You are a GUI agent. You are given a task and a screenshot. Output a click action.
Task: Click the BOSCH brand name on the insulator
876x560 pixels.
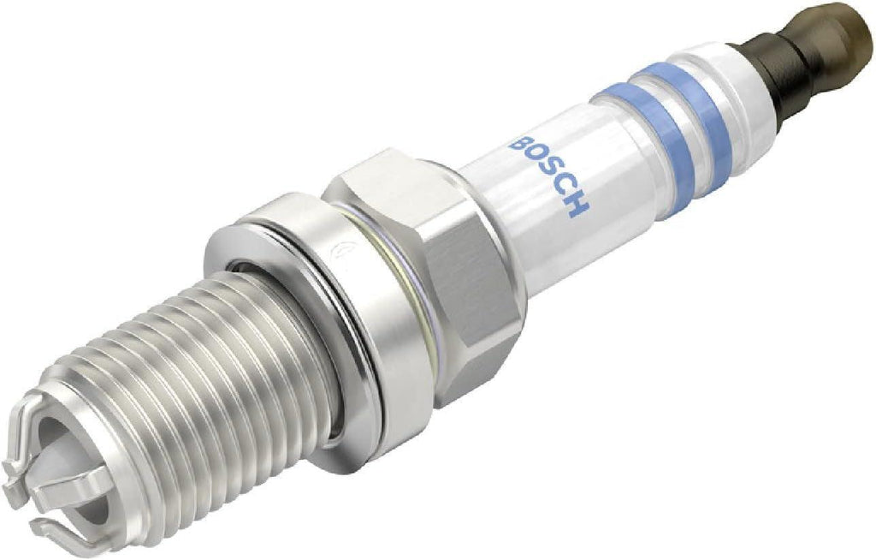click(x=548, y=172)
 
